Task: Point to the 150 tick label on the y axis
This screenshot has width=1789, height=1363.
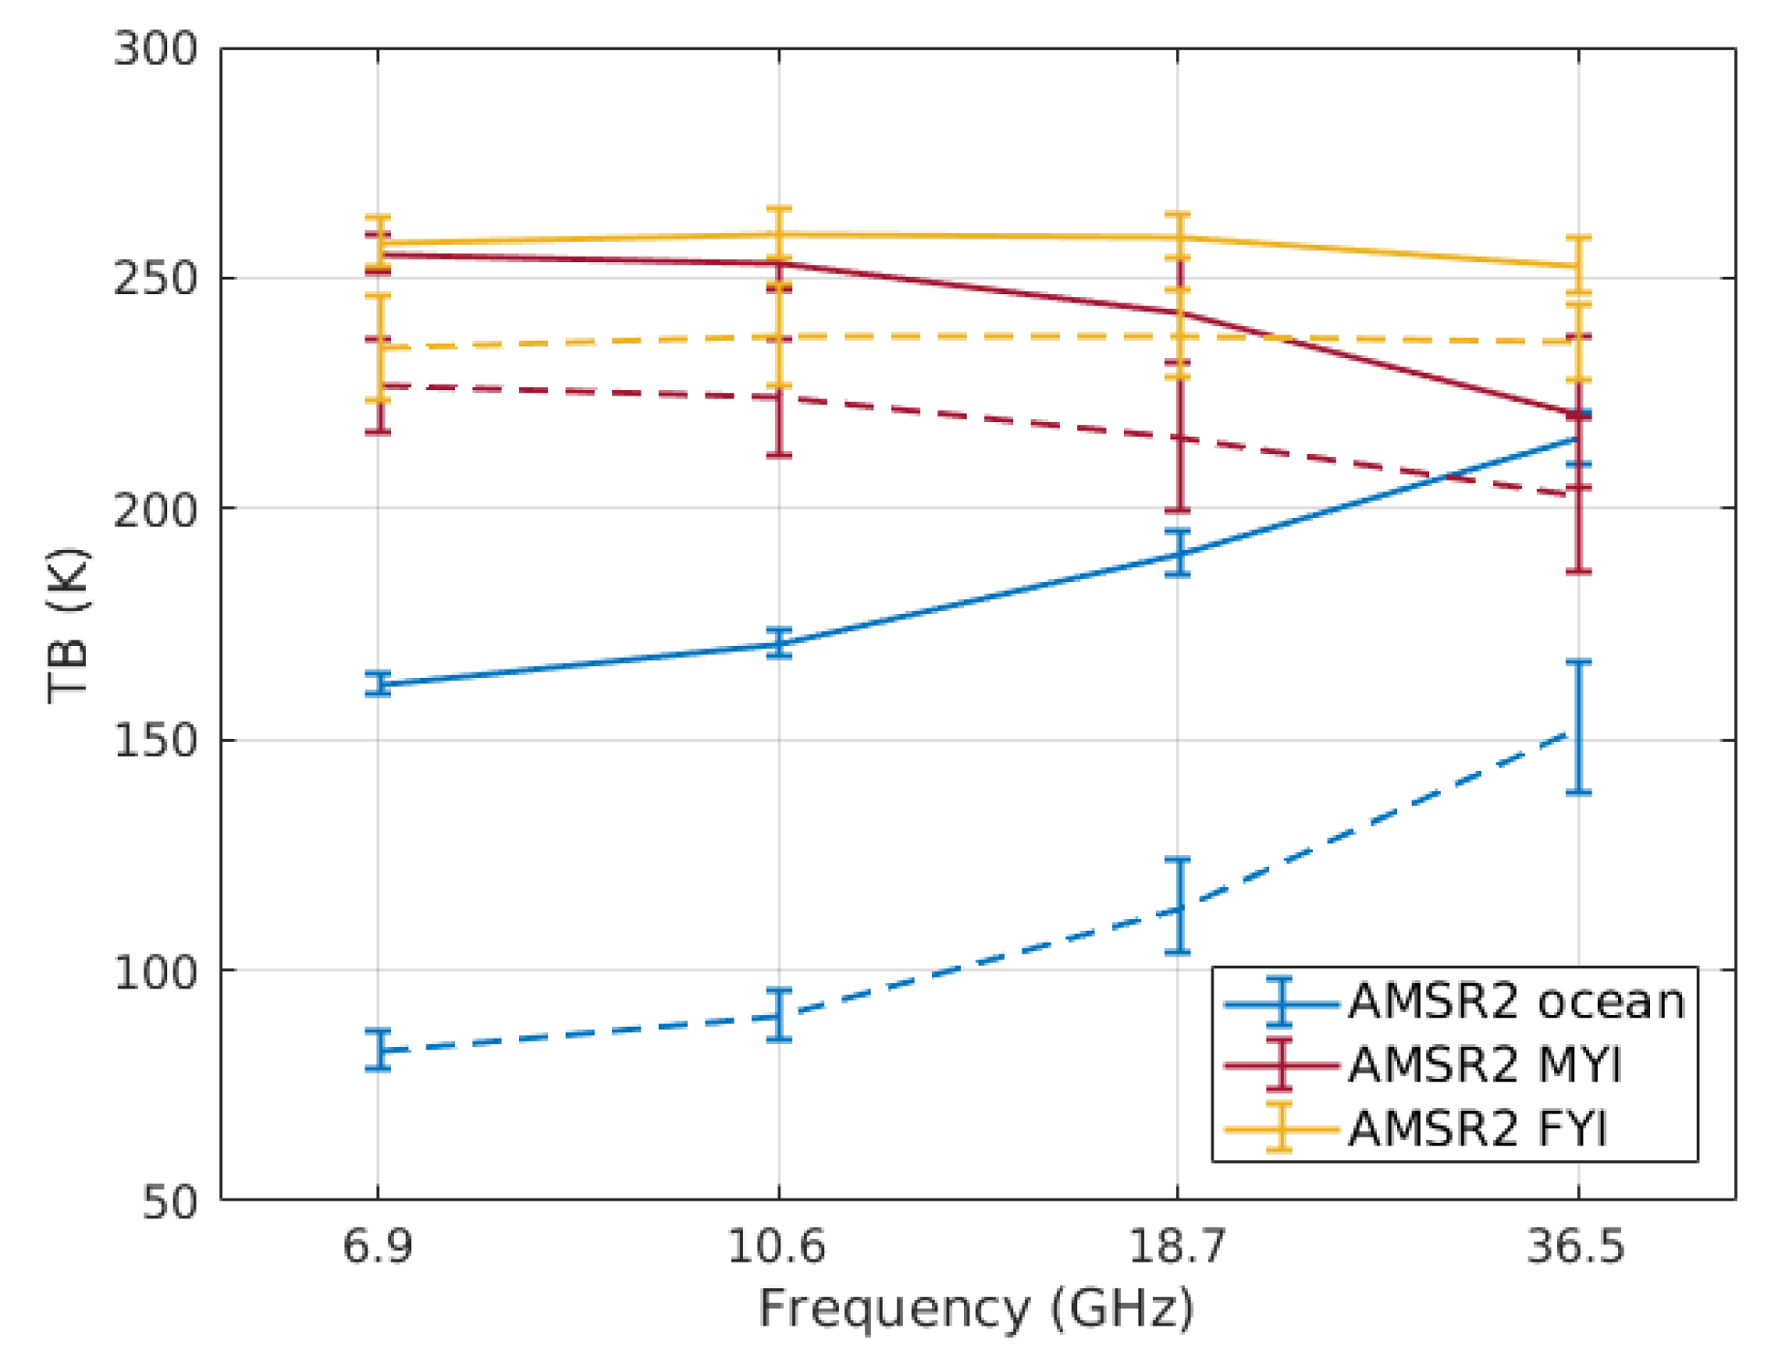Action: click(155, 739)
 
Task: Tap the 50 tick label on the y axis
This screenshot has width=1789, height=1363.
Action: click(170, 1201)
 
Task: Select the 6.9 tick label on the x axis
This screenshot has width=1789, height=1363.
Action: click(377, 1246)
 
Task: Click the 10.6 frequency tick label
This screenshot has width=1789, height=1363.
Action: click(777, 1246)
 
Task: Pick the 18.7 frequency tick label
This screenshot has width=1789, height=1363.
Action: click(1176, 1246)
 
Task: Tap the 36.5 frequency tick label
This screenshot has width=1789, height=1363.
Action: click(1576, 1246)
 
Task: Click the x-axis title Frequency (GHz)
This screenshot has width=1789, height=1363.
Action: click(976, 1309)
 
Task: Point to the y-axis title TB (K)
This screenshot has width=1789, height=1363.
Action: click(69, 626)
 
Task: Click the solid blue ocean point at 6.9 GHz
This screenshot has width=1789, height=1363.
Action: click(378, 683)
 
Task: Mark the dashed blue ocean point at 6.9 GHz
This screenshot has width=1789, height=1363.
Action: click(378, 1051)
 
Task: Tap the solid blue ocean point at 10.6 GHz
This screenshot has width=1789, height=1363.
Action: click(778, 643)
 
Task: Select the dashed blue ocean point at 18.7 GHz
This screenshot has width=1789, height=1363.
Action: click(1178, 908)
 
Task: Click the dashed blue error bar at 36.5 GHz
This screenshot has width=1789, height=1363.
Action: click(1579, 727)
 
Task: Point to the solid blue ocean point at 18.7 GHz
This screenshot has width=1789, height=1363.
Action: click(1178, 553)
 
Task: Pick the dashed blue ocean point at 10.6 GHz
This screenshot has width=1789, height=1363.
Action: click(778, 1015)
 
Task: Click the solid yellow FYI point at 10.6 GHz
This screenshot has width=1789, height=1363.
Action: click(778, 235)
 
